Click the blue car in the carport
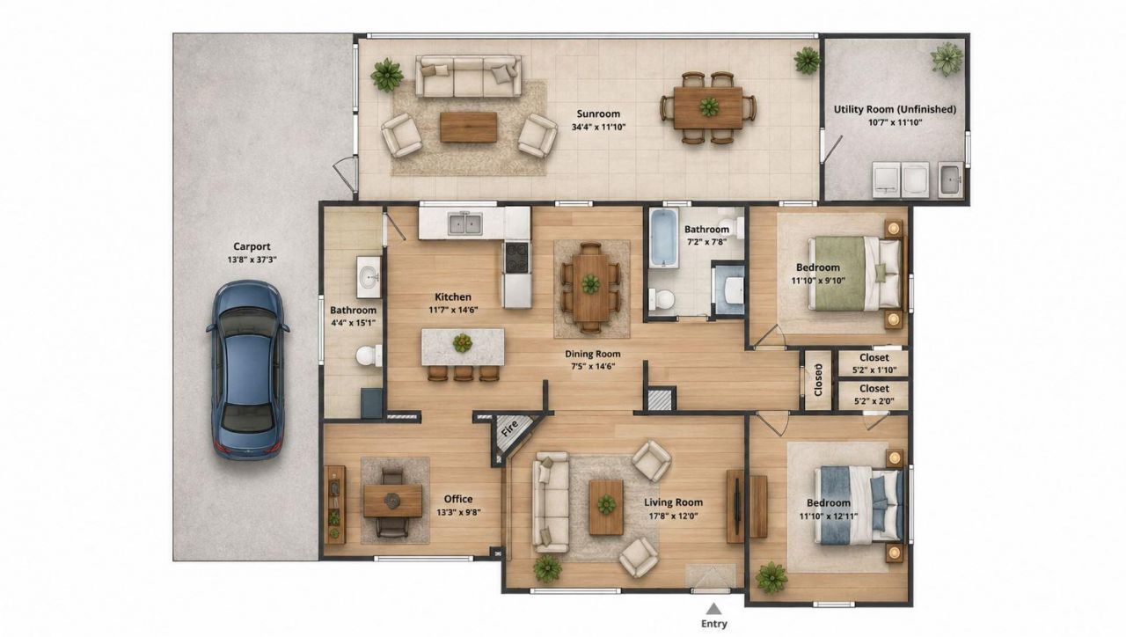point(247,370)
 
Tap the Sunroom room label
point(598,113)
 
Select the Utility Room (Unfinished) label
point(895,109)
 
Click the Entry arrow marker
point(713,610)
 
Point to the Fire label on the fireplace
point(509,428)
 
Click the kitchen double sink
point(465,223)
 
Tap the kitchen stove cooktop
point(516,258)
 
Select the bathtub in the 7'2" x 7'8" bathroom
point(663,238)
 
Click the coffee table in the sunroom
point(469,128)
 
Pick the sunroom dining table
point(708,107)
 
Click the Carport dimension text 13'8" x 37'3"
point(252,260)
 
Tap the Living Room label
point(673,502)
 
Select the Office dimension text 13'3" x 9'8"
point(458,513)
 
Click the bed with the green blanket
point(854,274)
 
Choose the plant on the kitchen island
point(462,343)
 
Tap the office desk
point(392,501)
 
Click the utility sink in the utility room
point(950,179)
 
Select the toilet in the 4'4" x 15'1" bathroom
point(369,356)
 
